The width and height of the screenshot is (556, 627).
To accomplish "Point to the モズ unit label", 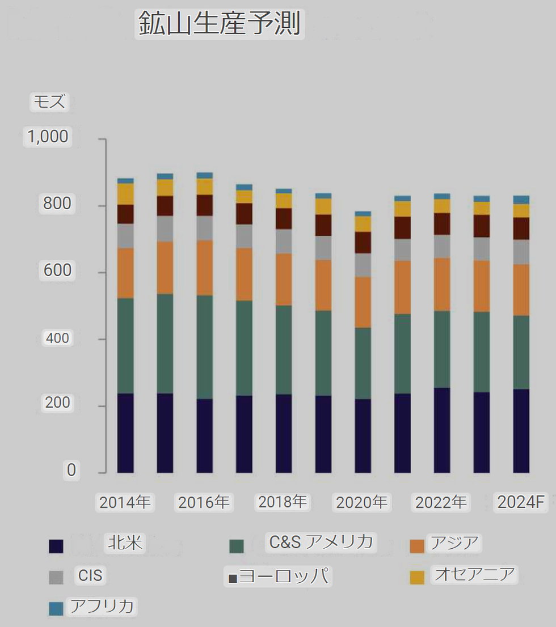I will coord(49,102).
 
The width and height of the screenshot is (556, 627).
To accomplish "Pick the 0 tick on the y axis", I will coord(71,470).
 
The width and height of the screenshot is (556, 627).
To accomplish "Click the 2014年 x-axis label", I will coord(125,503).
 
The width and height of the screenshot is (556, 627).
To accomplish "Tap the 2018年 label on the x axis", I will coord(283,502).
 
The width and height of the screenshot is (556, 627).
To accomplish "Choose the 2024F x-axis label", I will coord(521,503).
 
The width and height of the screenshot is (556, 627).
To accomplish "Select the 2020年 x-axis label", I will coord(361,503).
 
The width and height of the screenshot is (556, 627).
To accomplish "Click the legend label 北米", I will coord(125,543).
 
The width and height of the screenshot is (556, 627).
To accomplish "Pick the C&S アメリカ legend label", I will coord(321,542).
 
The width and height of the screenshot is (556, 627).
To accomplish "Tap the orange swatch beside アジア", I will coord(417,546).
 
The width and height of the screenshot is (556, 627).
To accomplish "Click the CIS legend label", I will coord(90,576).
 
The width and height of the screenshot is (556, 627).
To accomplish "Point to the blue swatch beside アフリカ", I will coord(56,609).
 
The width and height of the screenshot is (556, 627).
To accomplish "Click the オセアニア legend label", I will coord(474,574).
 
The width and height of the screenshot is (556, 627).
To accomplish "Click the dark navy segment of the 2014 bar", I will coord(125,433).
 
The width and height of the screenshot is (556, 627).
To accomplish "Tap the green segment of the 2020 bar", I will coord(363,363).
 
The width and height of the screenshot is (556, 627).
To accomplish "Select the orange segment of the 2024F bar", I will coord(521,290).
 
